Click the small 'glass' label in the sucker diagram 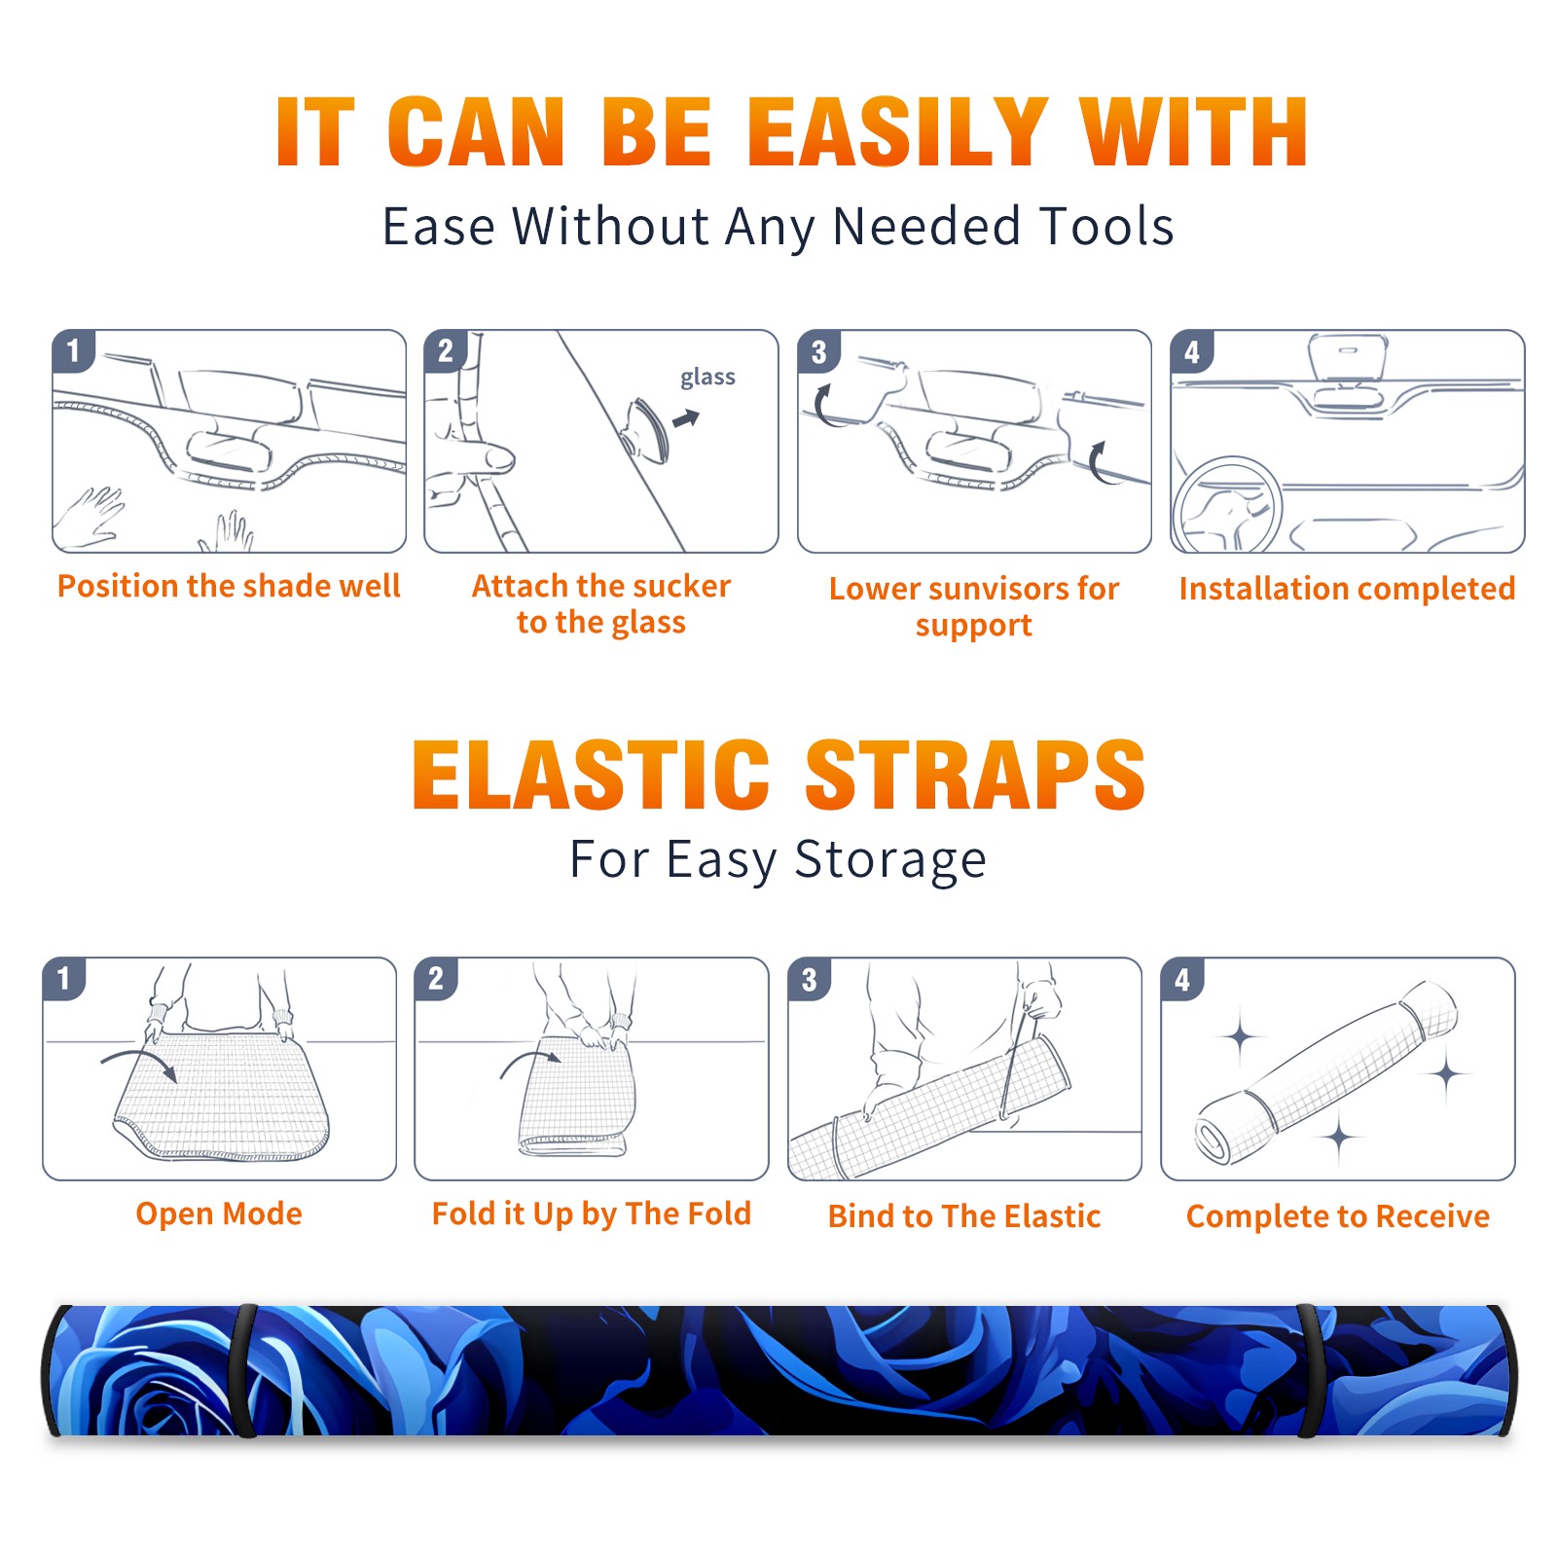(707, 378)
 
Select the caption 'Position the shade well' (229, 586)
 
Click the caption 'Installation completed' (1347, 588)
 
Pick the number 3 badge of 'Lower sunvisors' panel (818, 351)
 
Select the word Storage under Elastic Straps (890, 859)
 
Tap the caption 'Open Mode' (219, 1213)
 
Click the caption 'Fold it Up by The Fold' (592, 1213)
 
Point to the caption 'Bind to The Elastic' (964, 1216)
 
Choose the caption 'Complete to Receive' (1338, 1216)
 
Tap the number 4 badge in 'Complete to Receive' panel (1182, 979)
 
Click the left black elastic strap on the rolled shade (246, 1370)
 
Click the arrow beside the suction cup (687, 418)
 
